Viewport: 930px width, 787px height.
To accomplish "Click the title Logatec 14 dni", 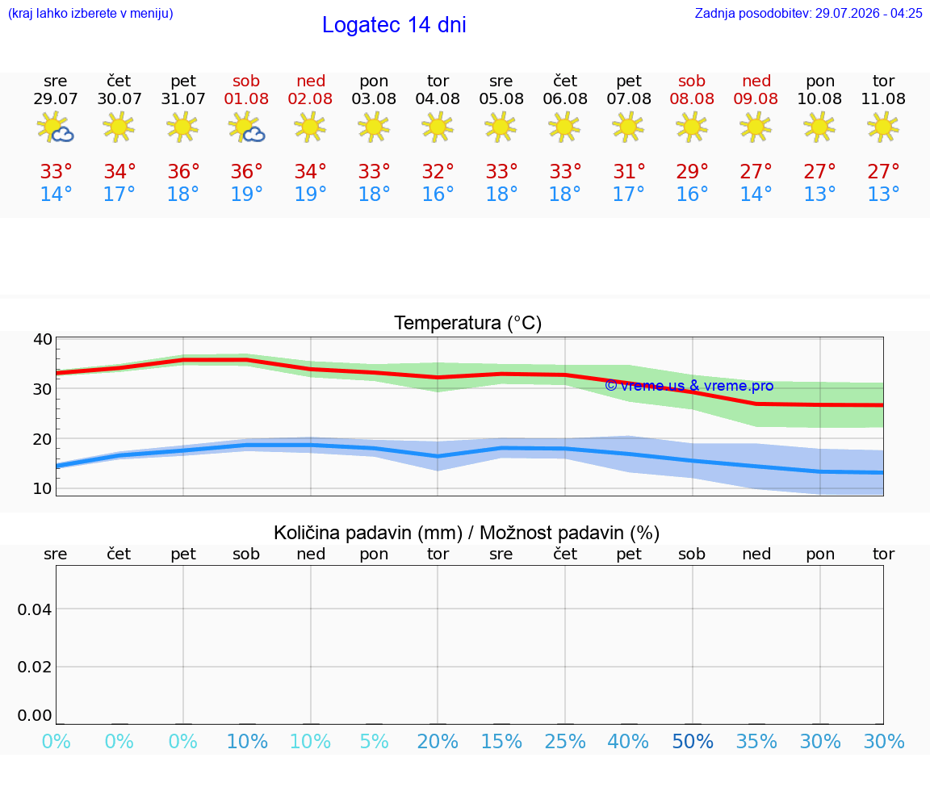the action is point(394,25).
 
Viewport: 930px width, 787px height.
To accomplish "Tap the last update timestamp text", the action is point(808,13).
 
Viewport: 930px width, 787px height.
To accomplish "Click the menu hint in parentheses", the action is point(90,13).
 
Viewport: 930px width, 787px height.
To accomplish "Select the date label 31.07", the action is point(183,99).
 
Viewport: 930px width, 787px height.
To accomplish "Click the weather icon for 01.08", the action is point(246,128).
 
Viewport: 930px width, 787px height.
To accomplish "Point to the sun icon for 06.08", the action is point(564,128).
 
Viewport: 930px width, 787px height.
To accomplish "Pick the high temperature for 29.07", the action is point(56,171).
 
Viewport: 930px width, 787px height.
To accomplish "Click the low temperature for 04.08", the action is point(438,194).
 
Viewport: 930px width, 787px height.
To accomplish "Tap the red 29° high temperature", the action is point(692,171).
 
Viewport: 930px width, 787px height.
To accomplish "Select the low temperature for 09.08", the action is point(756,194).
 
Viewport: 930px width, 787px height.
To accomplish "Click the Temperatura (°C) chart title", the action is point(468,323).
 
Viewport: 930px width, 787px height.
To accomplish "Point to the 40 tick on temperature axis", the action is point(43,339).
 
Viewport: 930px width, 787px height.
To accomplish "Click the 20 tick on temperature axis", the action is point(43,439).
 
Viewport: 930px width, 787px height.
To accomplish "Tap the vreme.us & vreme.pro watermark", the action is point(689,386).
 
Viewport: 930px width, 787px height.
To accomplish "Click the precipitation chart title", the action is point(467,533).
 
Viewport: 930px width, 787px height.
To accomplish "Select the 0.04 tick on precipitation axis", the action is point(35,609).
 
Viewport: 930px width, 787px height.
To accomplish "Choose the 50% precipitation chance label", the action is point(692,741).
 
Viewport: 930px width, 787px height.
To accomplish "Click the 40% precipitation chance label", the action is point(628,741).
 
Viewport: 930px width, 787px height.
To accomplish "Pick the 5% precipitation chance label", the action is point(375,741).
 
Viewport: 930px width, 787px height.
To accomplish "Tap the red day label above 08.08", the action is point(692,81).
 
